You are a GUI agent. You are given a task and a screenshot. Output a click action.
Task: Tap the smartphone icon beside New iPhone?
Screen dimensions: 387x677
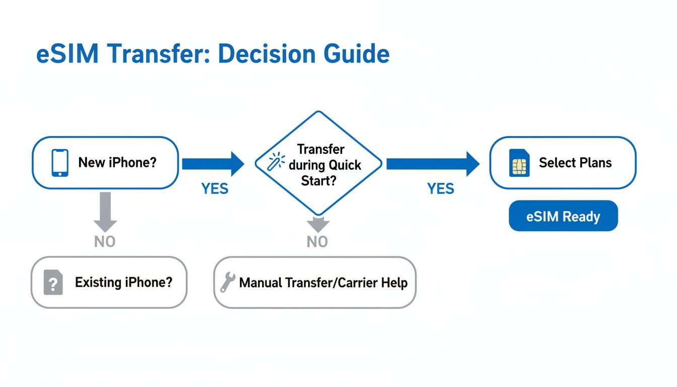point(60,163)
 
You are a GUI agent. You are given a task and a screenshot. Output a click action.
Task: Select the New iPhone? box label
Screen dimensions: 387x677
point(117,163)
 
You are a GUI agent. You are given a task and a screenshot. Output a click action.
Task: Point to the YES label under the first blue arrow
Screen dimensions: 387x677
point(215,189)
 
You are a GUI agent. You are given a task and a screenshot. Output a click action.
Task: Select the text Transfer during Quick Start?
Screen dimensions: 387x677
point(321,165)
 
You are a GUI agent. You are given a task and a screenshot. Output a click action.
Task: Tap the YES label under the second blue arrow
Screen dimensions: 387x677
point(441,189)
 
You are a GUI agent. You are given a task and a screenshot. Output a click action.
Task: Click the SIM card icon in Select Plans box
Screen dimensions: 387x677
point(519,163)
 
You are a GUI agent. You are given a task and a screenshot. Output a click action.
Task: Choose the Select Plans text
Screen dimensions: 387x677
point(575,163)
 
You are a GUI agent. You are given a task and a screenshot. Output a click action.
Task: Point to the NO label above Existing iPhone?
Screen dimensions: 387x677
point(105,242)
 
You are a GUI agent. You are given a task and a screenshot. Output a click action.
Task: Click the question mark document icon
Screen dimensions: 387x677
point(53,282)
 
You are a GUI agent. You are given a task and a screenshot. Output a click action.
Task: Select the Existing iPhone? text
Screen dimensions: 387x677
point(123,282)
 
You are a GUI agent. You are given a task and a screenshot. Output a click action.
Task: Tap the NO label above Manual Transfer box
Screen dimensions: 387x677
point(317,242)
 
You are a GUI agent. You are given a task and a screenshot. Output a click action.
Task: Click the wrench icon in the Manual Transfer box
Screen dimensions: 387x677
point(228,283)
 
